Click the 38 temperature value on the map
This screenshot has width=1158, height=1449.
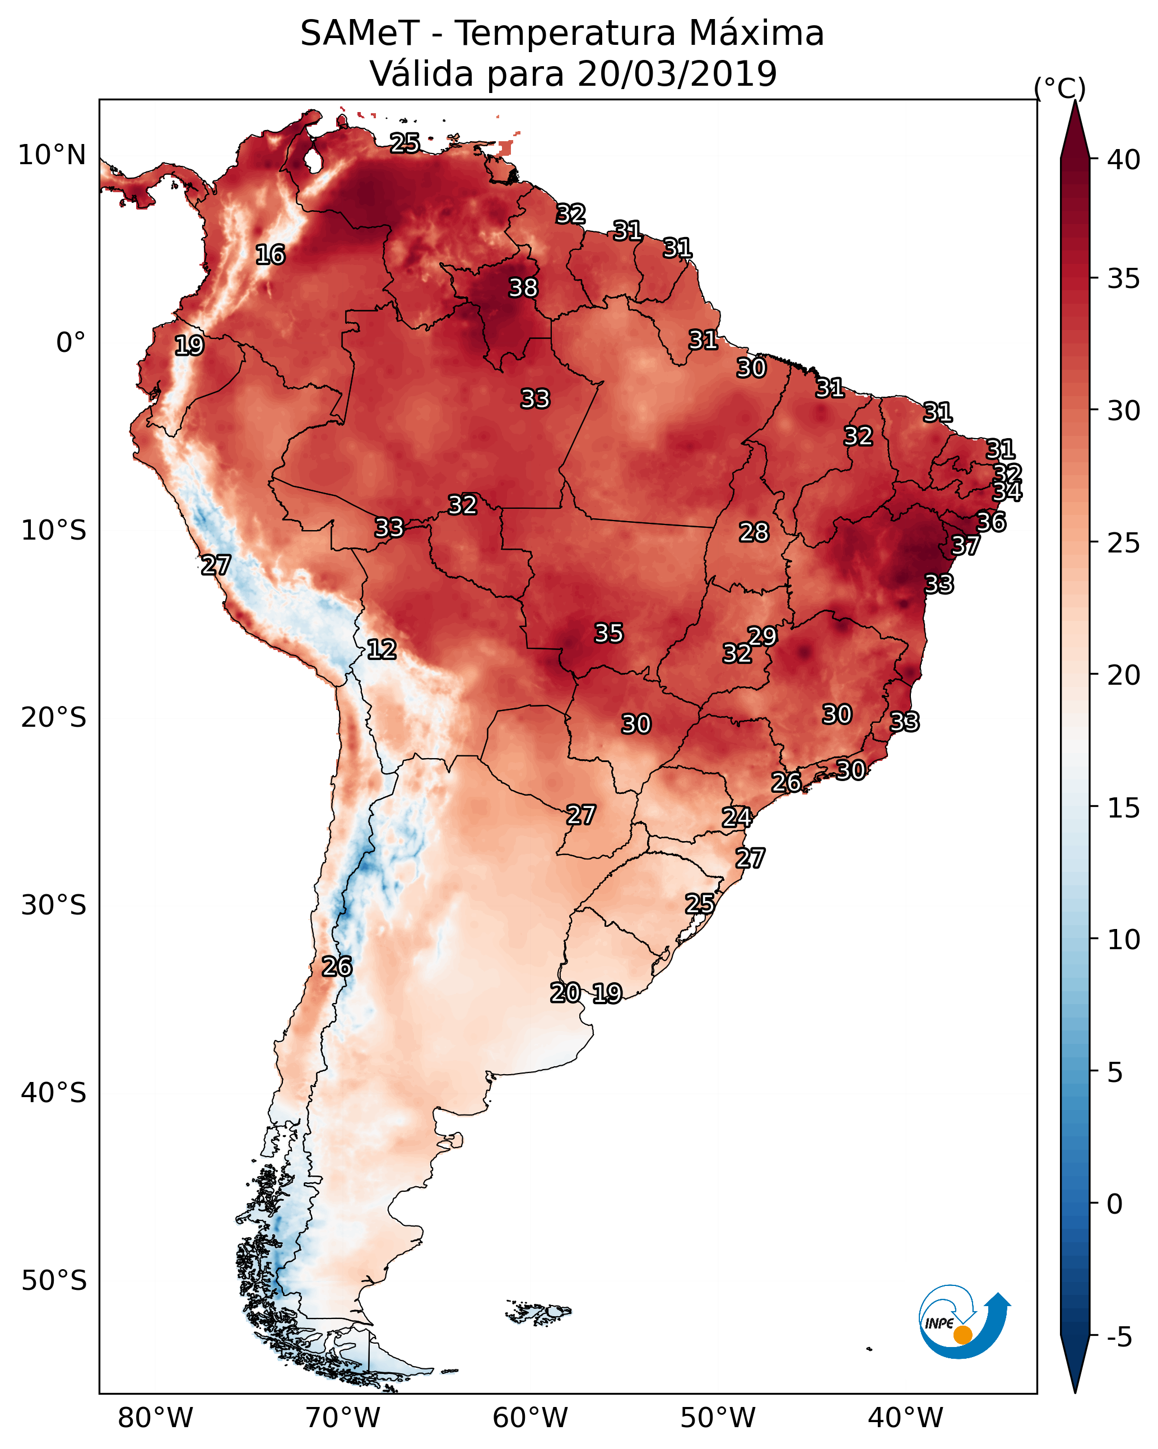coord(523,287)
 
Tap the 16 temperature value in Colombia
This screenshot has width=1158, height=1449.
coord(270,255)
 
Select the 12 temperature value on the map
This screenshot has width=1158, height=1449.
coord(381,649)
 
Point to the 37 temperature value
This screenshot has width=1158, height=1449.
coord(965,546)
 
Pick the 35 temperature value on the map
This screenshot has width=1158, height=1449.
coord(609,633)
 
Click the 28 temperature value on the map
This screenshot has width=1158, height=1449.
coord(754,532)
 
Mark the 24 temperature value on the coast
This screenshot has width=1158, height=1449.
coord(737,818)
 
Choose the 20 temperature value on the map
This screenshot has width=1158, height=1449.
coord(565,993)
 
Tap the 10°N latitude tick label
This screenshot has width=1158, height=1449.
coord(52,155)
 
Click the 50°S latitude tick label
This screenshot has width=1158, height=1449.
coord(54,1281)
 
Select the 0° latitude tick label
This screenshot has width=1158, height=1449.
coord(71,343)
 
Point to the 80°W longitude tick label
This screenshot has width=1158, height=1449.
coord(155,1418)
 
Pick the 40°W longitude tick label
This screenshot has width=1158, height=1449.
coord(905,1418)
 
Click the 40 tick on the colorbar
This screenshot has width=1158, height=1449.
coord(1124,160)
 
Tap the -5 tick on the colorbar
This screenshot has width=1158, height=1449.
coord(1119,1337)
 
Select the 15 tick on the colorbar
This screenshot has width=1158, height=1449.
coord(1124,808)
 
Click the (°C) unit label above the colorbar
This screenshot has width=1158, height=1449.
coord(1059,88)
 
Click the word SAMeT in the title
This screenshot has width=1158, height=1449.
coord(360,34)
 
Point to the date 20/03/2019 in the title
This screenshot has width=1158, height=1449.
coord(677,74)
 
